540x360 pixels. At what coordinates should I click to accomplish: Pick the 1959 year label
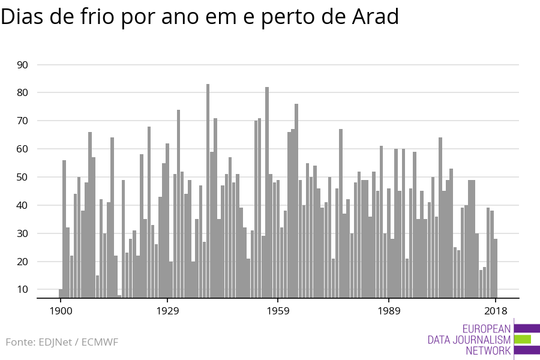point(278,311)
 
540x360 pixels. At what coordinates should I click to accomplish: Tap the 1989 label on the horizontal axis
point(389,311)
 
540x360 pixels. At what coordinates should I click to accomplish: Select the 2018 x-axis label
point(496,311)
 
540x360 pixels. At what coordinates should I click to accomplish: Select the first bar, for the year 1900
point(61,293)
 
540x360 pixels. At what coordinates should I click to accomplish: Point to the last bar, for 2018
point(496,268)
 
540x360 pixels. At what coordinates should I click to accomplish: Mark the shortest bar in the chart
point(119,296)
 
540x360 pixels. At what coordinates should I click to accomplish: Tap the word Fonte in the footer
point(20,343)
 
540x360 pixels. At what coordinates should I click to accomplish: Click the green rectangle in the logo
point(523,340)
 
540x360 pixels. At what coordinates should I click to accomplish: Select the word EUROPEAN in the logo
point(487,329)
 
